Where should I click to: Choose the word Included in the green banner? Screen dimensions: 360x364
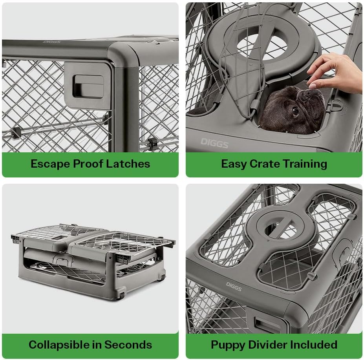[314, 345]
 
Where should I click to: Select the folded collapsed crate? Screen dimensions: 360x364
[92, 259]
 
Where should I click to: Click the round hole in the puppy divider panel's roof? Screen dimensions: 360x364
[274, 228]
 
